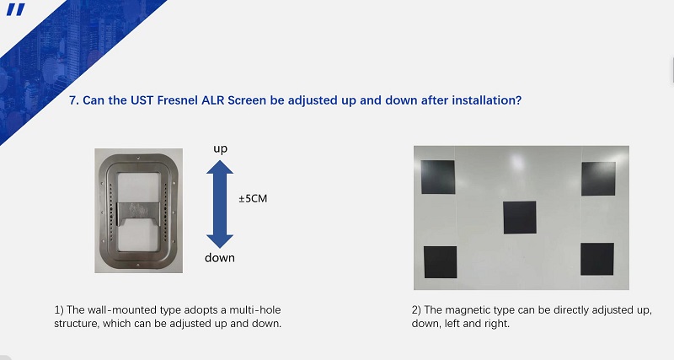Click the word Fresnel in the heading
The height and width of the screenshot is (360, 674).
(178, 100)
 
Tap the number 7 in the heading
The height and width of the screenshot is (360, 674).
(72, 100)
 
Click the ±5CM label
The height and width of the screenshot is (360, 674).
(254, 199)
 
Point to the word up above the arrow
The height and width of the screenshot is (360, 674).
(220, 149)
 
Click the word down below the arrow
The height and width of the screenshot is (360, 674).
(220, 258)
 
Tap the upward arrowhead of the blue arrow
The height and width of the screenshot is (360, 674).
(220, 167)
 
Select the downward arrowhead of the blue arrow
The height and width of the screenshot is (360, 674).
(220, 241)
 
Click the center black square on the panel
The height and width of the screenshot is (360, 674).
(520, 218)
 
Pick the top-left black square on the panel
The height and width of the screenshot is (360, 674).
(437, 177)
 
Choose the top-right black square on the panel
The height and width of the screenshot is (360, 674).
(598, 179)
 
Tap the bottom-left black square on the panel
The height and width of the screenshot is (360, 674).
(440, 262)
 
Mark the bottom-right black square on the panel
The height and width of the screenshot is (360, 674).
(597, 259)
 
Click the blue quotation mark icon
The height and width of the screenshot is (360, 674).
(16, 9)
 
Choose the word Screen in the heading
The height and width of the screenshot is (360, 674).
(247, 100)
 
